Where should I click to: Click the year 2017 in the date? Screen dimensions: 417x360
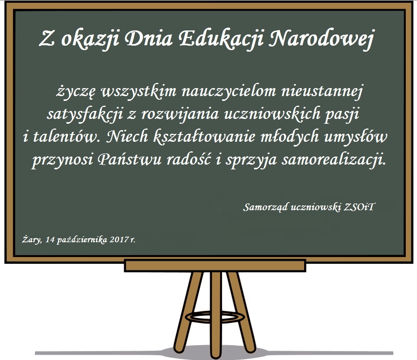119,240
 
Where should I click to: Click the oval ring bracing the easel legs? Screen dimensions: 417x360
215,316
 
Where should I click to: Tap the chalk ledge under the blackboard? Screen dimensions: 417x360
215,265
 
